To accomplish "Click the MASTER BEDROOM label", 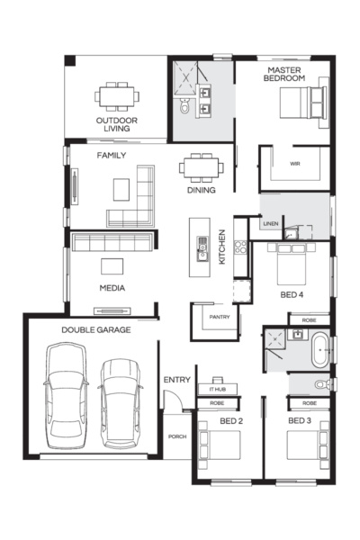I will click(x=284, y=74).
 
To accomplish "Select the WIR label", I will click(x=294, y=164).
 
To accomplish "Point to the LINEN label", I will click(x=270, y=223).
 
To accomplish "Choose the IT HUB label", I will click(x=216, y=389).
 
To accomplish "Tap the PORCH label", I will click(x=176, y=436).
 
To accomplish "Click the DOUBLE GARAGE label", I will click(x=96, y=330).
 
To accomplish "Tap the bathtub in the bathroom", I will click(x=319, y=350).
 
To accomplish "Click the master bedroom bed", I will click(x=305, y=108).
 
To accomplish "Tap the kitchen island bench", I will click(x=198, y=247).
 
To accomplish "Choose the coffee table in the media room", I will click(x=112, y=266).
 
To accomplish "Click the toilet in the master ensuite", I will click(x=184, y=108).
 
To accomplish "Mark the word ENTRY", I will click(x=176, y=380).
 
